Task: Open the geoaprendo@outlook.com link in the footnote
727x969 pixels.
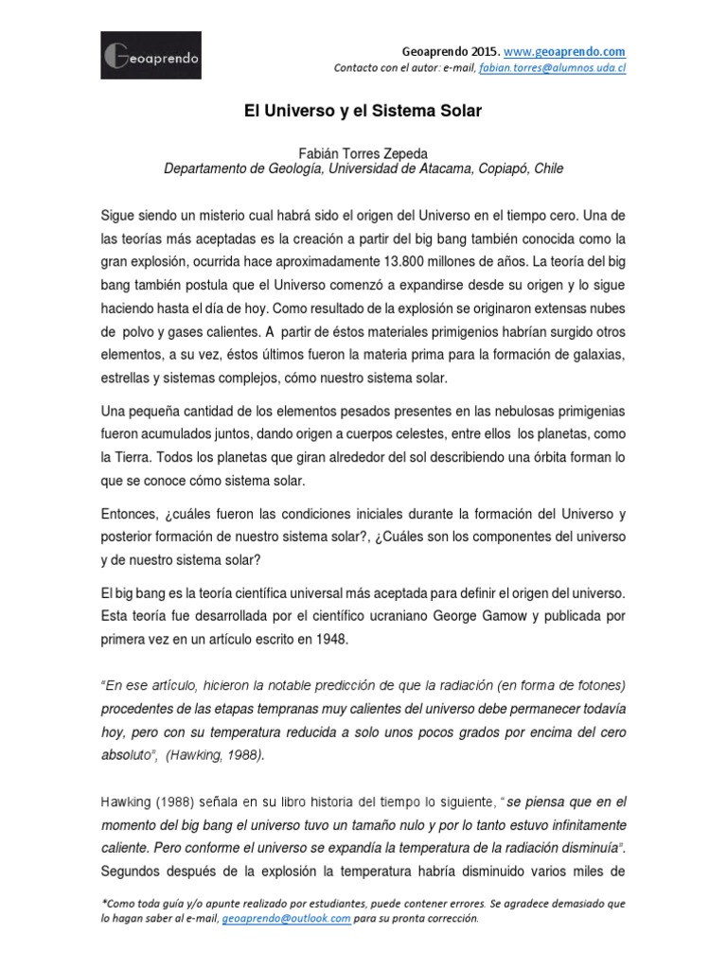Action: pyautogui.click(x=287, y=918)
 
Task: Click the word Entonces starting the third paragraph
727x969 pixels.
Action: pyautogui.click(x=131, y=514)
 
